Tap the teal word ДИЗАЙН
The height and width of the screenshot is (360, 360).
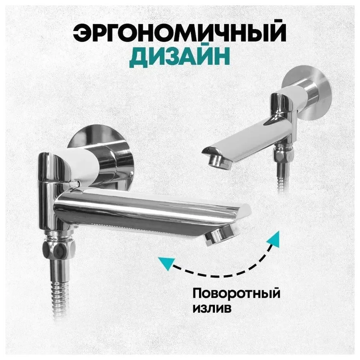point(180,56)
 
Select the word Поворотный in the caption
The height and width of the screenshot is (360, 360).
point(237,294)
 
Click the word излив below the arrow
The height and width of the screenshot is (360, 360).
point(212,309)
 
